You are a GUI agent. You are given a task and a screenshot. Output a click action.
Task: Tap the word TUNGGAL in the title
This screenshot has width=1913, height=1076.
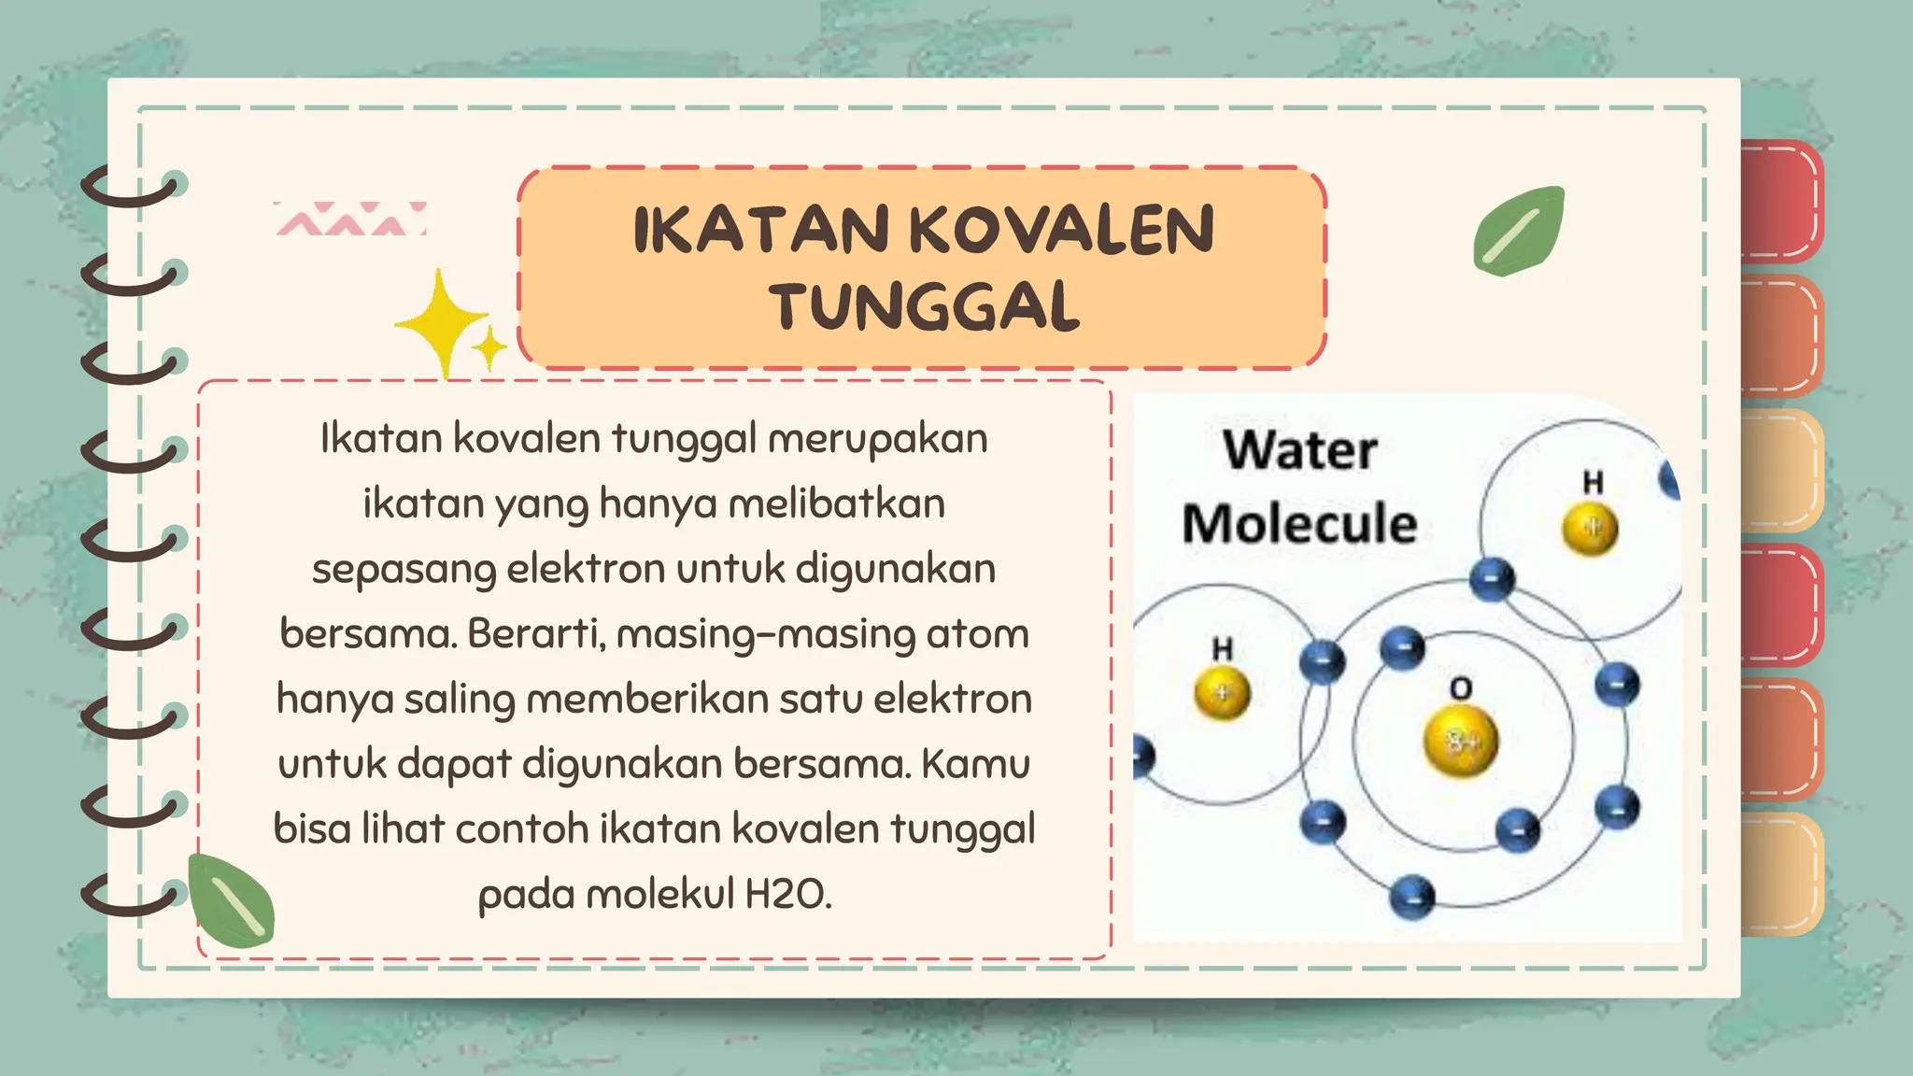[x=925, y=307]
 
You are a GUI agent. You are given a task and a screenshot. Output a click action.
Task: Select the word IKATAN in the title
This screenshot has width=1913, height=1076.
[x=760, y=230]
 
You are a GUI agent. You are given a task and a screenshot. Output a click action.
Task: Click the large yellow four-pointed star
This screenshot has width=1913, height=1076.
[x=443, y=323]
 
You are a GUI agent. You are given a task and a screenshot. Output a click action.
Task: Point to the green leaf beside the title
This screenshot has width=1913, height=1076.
[x=1519, y=231]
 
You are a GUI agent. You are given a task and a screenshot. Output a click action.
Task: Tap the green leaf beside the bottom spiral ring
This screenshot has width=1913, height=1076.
[x=231, y=900]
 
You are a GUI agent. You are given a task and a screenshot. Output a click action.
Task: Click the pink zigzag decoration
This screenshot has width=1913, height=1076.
[x=350, y=219]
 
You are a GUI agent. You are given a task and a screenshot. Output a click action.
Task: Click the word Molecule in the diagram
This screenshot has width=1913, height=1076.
[x=1299, y=523]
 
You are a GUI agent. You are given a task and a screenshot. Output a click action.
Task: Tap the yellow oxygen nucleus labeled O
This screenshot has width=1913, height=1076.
[x=1460, y=741]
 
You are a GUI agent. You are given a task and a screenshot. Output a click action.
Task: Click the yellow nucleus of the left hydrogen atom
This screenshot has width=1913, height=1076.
[x=1222, y=693]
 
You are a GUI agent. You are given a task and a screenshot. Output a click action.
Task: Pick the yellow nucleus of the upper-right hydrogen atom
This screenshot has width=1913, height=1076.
[x=1590, y=528]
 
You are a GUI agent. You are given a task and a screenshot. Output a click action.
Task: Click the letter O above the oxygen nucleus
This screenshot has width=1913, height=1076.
[x=1460, y=689]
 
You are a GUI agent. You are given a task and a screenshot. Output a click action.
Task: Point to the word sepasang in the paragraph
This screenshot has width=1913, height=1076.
[x=404, y=570]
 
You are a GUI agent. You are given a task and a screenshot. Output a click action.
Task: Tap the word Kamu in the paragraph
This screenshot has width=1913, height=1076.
[x=975, y=764]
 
